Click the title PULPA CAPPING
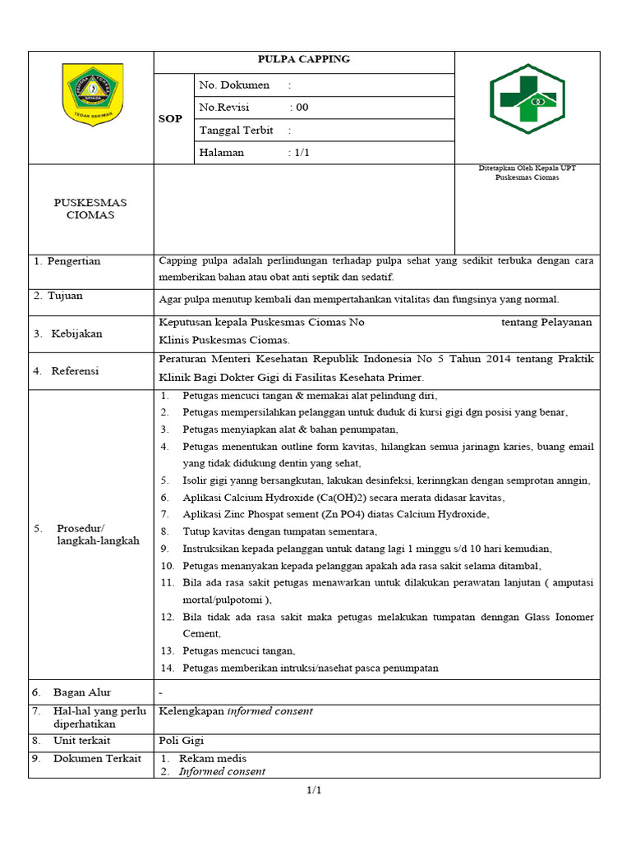304,59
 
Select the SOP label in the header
170,119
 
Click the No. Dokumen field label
234,85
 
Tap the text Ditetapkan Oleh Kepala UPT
527,168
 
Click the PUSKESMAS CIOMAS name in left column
90,209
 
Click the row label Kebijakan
77,333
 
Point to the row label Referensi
75,371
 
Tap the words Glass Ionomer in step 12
560,617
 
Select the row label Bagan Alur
82,692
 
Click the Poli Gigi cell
181,740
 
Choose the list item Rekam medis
213,758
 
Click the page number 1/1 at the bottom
314,790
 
